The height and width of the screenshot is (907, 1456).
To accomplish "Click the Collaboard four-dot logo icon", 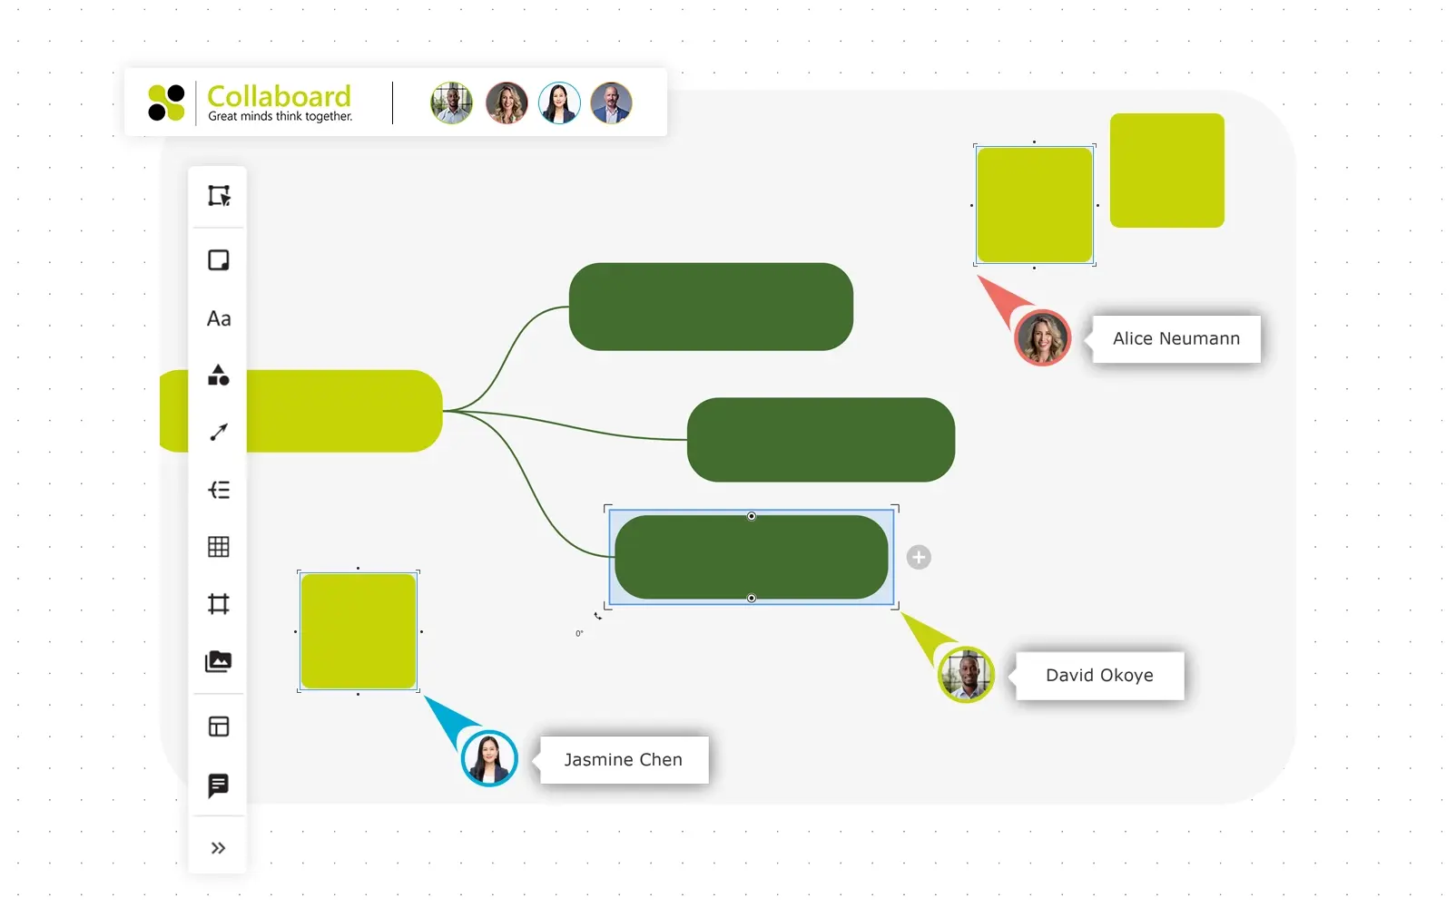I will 166,102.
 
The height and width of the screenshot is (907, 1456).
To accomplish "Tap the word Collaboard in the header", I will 279,96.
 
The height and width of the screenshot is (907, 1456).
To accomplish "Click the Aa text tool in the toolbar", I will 219,318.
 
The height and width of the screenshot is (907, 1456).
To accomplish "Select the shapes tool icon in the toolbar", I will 219,375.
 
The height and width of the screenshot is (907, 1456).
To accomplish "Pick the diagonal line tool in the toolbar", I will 219,433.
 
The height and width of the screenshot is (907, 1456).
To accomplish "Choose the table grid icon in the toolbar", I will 219,547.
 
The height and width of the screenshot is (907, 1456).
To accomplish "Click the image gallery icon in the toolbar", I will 219,661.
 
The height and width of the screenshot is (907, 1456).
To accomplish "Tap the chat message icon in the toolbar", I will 219,785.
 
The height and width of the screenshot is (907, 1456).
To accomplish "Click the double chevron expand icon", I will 219,848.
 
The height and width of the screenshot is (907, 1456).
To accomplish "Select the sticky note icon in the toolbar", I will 219,260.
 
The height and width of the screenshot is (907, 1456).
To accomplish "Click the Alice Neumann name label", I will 1176,338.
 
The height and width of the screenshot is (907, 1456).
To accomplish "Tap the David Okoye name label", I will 1099,676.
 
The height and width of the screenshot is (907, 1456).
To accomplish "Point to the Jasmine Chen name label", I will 623,760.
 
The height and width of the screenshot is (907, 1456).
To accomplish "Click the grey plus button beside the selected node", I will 919,557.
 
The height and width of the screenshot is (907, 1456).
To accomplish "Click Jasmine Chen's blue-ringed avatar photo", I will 489,758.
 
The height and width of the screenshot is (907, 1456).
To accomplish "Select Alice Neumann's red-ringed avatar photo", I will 1042,337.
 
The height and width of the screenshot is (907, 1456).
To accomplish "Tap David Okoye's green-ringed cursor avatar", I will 966,675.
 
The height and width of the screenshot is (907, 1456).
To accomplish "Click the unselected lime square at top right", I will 1166,171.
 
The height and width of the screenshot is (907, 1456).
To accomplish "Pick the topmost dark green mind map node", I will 711,307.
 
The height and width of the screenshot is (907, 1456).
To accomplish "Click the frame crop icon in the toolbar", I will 219,604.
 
